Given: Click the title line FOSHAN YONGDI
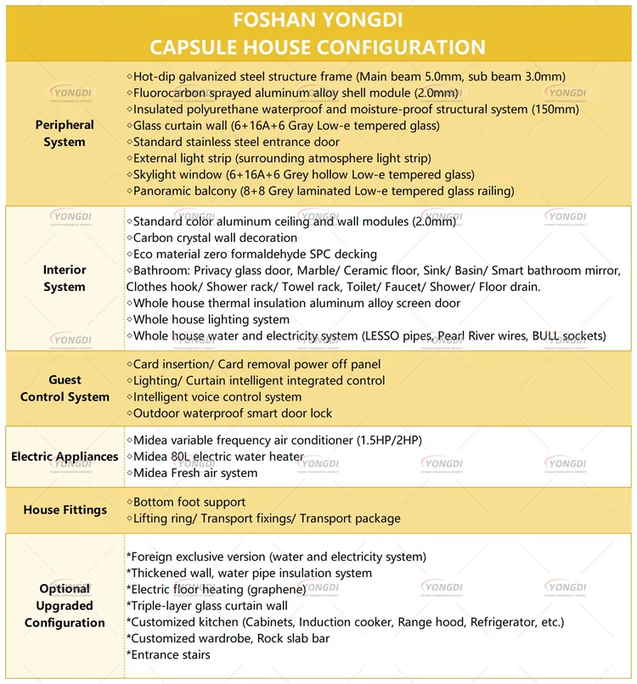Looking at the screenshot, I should [x=318, y=19].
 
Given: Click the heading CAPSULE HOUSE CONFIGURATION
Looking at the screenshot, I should [x=318, y=47].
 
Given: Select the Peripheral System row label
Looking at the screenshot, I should [x=65, y=133].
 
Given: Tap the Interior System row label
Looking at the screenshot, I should [x=65, y=278].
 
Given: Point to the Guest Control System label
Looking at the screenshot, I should [x=65, y=389].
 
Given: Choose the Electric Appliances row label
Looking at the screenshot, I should [x=65, y=457].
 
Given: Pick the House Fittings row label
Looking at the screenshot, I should [x=65, y=510].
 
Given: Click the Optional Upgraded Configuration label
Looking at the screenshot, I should [x=65, y=606].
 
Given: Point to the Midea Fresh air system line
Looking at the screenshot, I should [x=194, y=473].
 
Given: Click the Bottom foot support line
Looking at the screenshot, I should [x=189, y=502].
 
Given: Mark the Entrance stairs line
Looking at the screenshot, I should [x=168, y=654].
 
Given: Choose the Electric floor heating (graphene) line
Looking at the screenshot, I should [x=216, y=589].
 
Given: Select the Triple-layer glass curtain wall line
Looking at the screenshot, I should [x=207, y=606].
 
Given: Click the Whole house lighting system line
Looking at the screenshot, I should [x=211, y=320].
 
